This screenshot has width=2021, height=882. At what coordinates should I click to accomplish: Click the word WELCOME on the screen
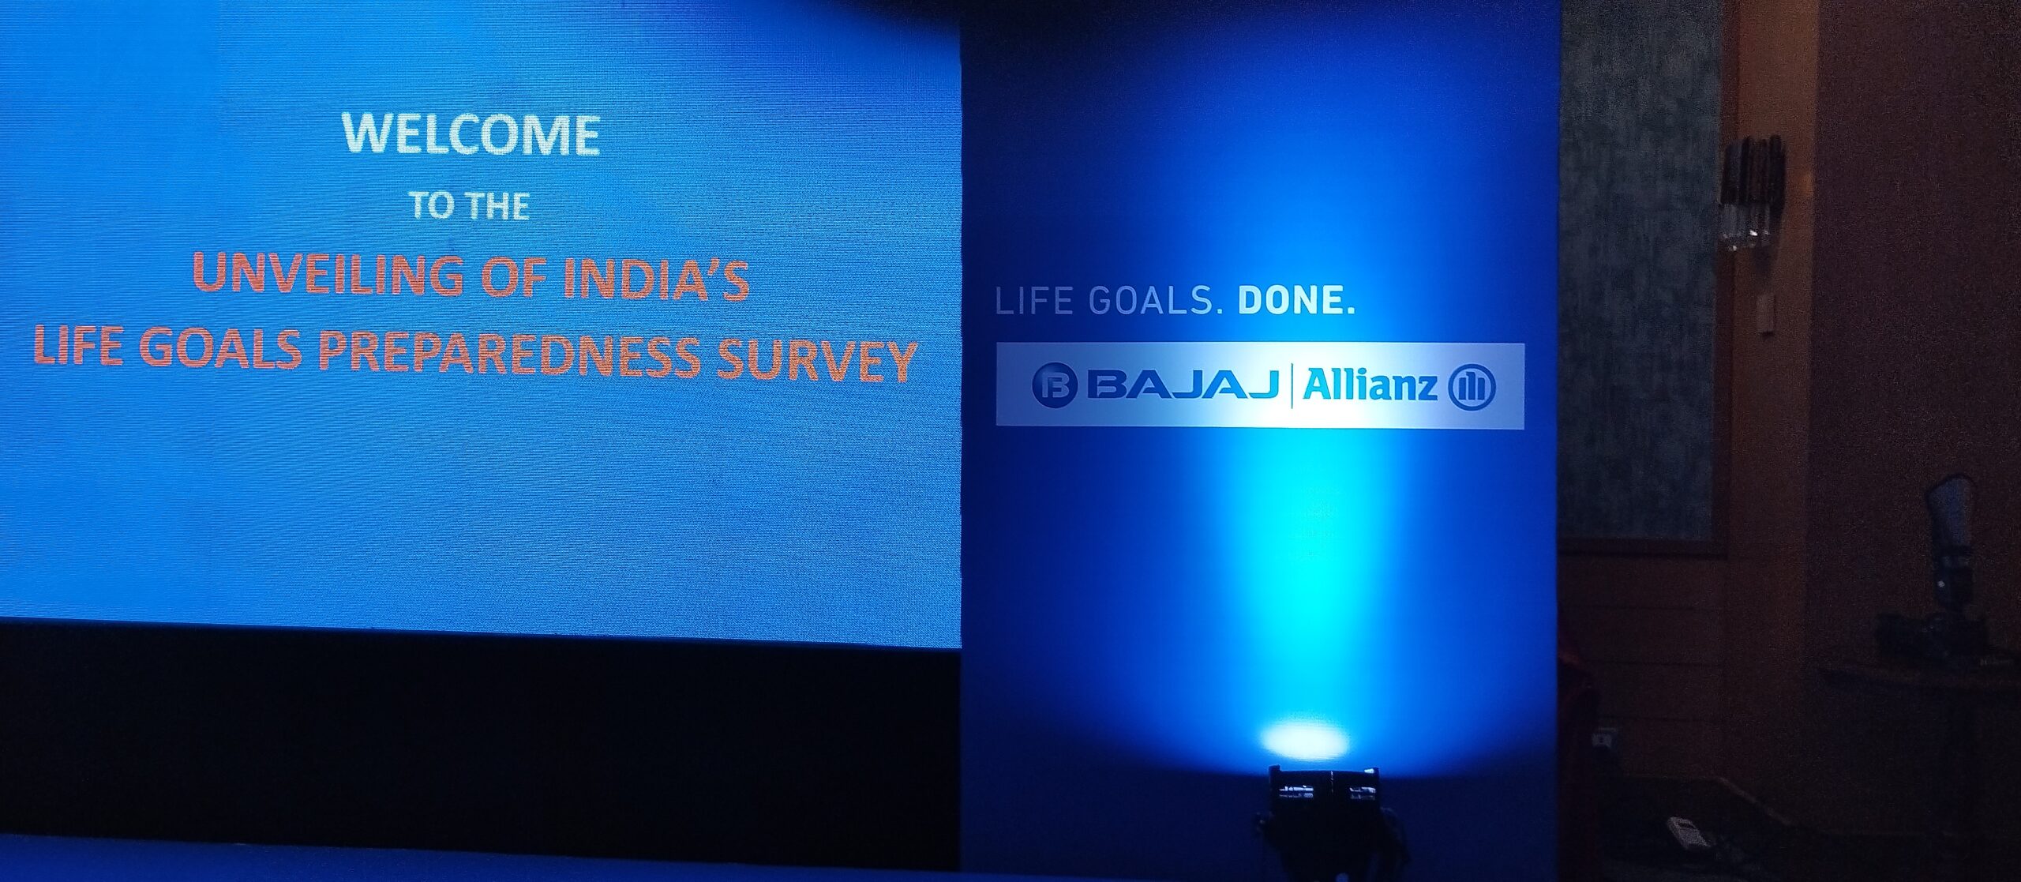point(471,134)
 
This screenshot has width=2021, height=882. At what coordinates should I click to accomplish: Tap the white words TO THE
point(469,206)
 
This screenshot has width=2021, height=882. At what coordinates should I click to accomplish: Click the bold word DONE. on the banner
point(1296,300)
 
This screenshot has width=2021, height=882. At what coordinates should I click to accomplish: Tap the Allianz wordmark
point(1370,385)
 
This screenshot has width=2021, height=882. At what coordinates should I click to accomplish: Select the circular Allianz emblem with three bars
point(1472,387)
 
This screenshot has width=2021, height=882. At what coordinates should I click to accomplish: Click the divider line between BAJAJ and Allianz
point(1292,385)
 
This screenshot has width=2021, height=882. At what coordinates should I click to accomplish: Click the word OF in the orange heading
point(513,276)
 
